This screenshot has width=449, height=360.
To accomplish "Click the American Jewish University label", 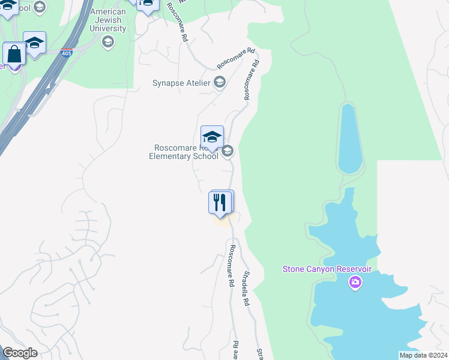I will pos(108,20).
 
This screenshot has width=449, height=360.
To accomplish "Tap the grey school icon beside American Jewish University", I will pos(108,41).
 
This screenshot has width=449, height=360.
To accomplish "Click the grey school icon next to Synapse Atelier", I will pos(220,82).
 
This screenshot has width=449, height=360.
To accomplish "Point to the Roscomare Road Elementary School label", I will pos(184,152).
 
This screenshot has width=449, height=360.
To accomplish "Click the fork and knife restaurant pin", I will pos(220,202).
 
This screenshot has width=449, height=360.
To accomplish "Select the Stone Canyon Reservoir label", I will pos(327,269).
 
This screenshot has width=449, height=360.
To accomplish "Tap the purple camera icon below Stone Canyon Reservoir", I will pos(355,282).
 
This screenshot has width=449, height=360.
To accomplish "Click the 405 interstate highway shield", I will pos(66,53).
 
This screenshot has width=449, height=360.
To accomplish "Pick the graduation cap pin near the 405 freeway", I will pos(35,43).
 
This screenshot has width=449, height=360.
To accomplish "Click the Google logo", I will pos(20,353).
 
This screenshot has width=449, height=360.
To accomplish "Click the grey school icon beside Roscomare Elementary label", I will pos(228,151).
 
